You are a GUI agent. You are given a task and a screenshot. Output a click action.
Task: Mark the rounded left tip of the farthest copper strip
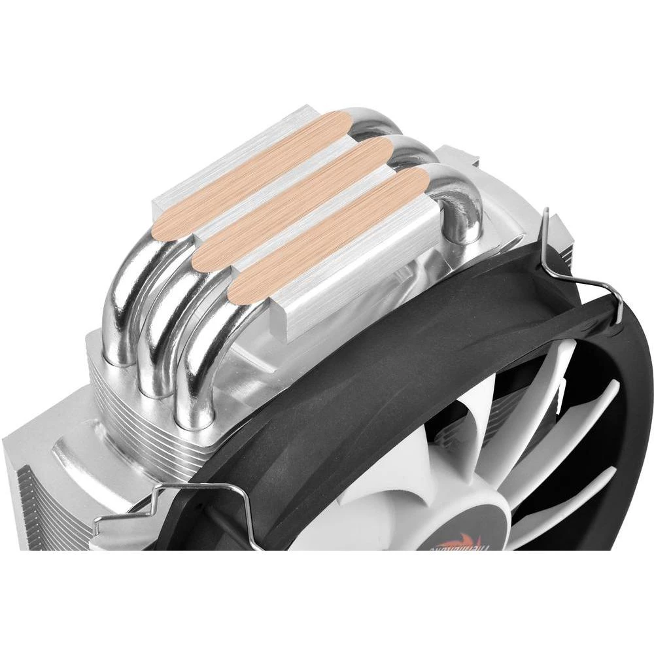point(160,226)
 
